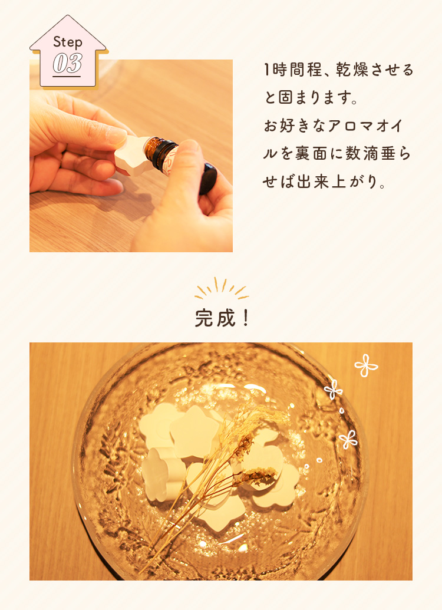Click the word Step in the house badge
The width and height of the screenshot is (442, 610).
click(x=67, y=42)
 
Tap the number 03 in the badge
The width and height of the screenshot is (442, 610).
click(x=67, y=63)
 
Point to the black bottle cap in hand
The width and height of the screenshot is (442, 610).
click(x=208, y=178)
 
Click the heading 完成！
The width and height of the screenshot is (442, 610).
click(x=222, y=318)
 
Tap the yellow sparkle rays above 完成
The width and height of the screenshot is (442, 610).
click(x=222, y=288)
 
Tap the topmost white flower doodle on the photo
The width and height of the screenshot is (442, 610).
click(x=366, y=365)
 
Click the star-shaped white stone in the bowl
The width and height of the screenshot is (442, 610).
click(x=195, y=431)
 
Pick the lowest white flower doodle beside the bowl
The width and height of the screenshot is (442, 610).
click(x=348, y=440)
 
